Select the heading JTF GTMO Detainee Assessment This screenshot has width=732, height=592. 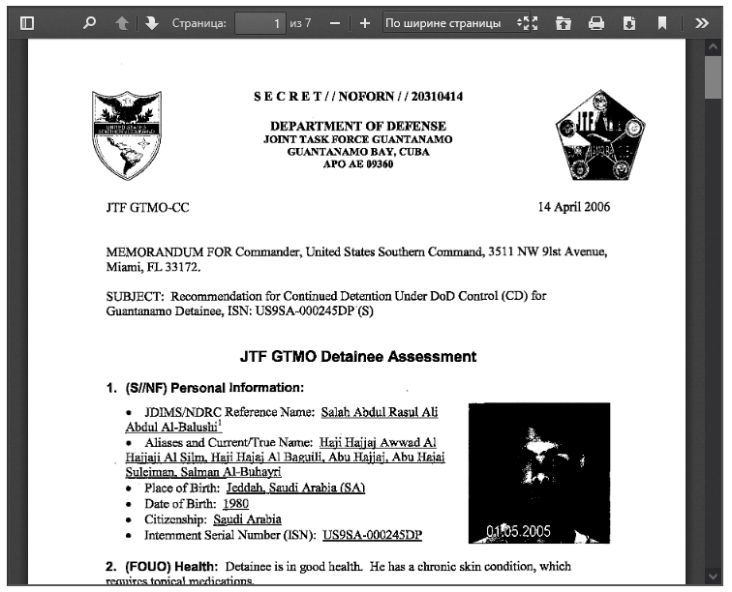[358, 356]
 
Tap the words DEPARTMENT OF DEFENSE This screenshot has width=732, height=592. [358, 126]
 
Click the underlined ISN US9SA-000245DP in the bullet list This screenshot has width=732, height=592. [373, 535]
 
